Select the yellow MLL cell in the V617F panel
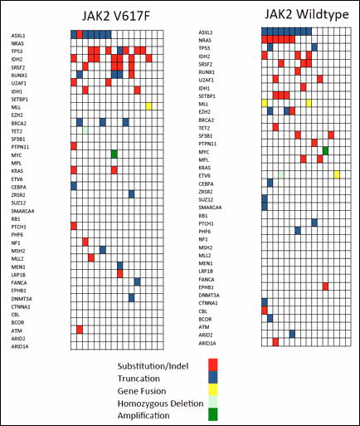[148, 105]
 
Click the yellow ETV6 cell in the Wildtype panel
[337, 174]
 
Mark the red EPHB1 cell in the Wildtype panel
[325, 286]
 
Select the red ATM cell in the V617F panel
[79, 329]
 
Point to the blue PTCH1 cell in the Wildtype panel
[314, 223]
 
